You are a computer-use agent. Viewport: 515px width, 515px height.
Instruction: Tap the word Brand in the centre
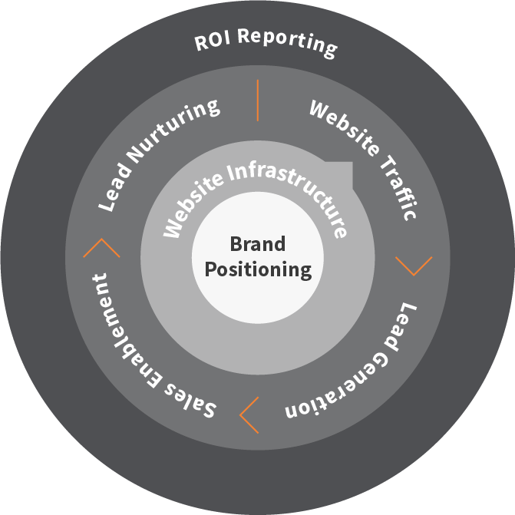click(x=257, y=244)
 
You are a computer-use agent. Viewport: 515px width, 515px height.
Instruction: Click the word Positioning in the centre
click(x=259, y=270)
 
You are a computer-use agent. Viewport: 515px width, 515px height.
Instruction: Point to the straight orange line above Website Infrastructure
click(x=258, y=101)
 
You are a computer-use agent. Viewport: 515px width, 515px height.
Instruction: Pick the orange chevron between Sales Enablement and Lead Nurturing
click(x=101, y=247)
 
